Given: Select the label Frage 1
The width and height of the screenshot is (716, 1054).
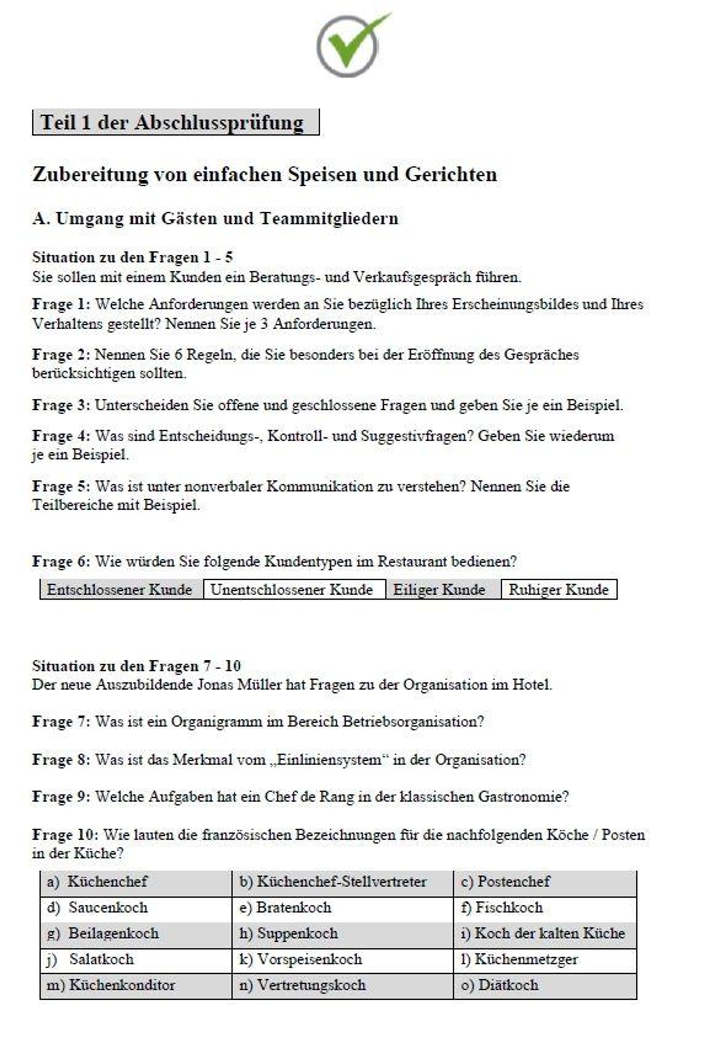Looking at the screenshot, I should (61, 304).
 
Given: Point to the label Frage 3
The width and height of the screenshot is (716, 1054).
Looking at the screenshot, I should (61, 405).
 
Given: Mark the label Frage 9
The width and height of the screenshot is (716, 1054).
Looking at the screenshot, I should (61, 797).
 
